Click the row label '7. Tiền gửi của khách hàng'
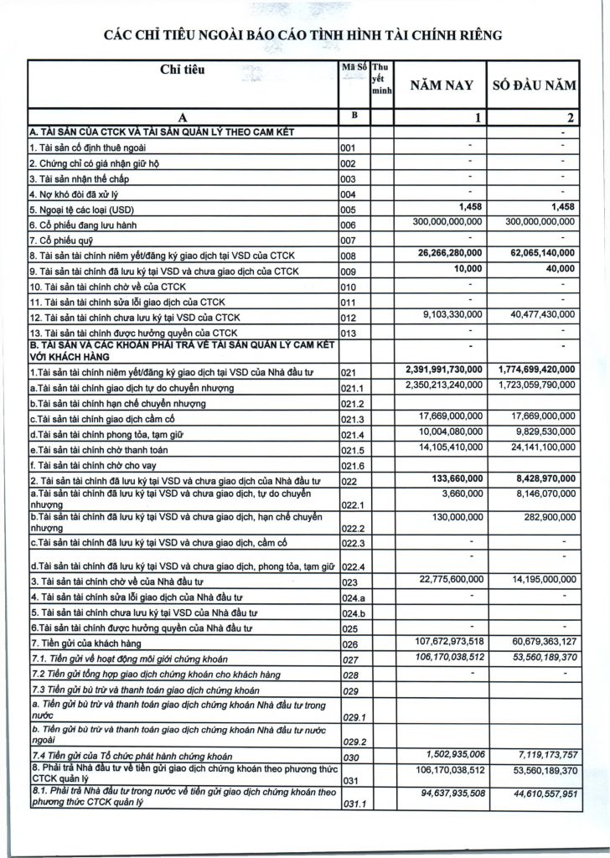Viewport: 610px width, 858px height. tap(81, 643)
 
